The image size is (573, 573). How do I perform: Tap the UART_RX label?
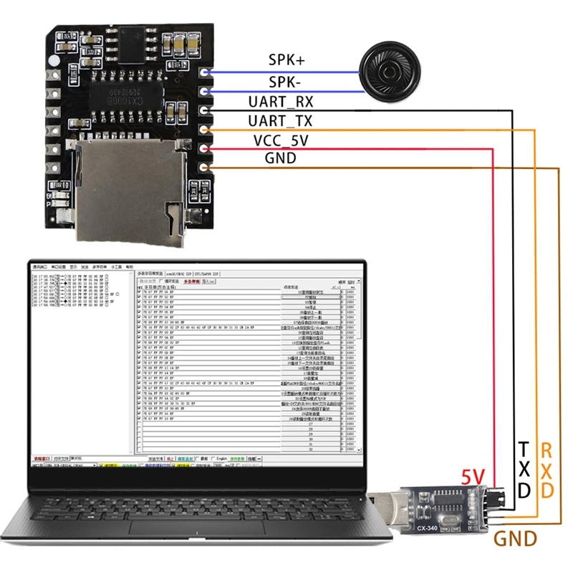tap(280, 101)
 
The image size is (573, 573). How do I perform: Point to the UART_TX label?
tap(280, 120)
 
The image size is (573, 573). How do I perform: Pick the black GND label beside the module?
tap(280, 158)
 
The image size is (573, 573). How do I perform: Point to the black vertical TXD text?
tap(524, 470)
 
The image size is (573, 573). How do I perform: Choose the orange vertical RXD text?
tap(547, 470)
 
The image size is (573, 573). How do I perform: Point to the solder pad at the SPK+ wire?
tap(206, 73)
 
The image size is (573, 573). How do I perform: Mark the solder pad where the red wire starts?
tap(206, 149)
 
